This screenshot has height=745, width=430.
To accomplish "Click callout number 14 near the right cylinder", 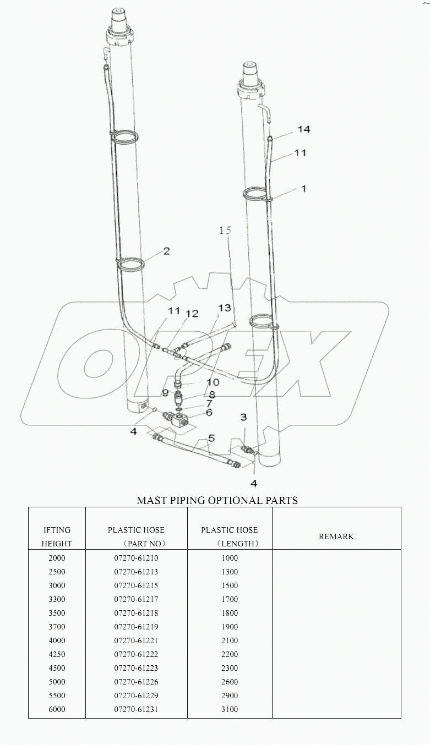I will [x=304, y=129].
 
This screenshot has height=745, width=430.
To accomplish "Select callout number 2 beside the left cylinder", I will [x=166, y=251].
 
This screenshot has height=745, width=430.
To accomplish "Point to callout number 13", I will [x=224, y=309].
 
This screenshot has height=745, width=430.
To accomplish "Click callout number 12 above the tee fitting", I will [x=192, y=314].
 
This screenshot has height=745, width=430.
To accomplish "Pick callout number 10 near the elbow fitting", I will [x=212, y=382].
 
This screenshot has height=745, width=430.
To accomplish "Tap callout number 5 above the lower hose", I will [x=211, y=439].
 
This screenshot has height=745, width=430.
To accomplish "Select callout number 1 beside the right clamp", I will [x=303, y=188].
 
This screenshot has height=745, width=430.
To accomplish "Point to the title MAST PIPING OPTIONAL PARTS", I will [x=217, y=500].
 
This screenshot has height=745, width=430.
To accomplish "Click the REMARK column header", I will [x=336, y=536].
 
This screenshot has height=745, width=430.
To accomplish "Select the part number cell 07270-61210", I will [x=136, y=558].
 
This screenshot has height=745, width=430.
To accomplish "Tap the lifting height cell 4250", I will [x=57, y=654].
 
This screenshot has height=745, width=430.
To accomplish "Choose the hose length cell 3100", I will [x=229, y=709].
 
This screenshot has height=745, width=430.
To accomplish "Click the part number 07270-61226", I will [x=136, y=682].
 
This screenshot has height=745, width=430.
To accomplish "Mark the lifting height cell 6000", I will [x=57, y=709].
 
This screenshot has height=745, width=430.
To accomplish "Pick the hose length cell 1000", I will [x=229, y=558].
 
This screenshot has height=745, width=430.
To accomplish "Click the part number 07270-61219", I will [x=136, y=627].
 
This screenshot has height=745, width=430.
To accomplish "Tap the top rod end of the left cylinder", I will [x=119, y=12].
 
